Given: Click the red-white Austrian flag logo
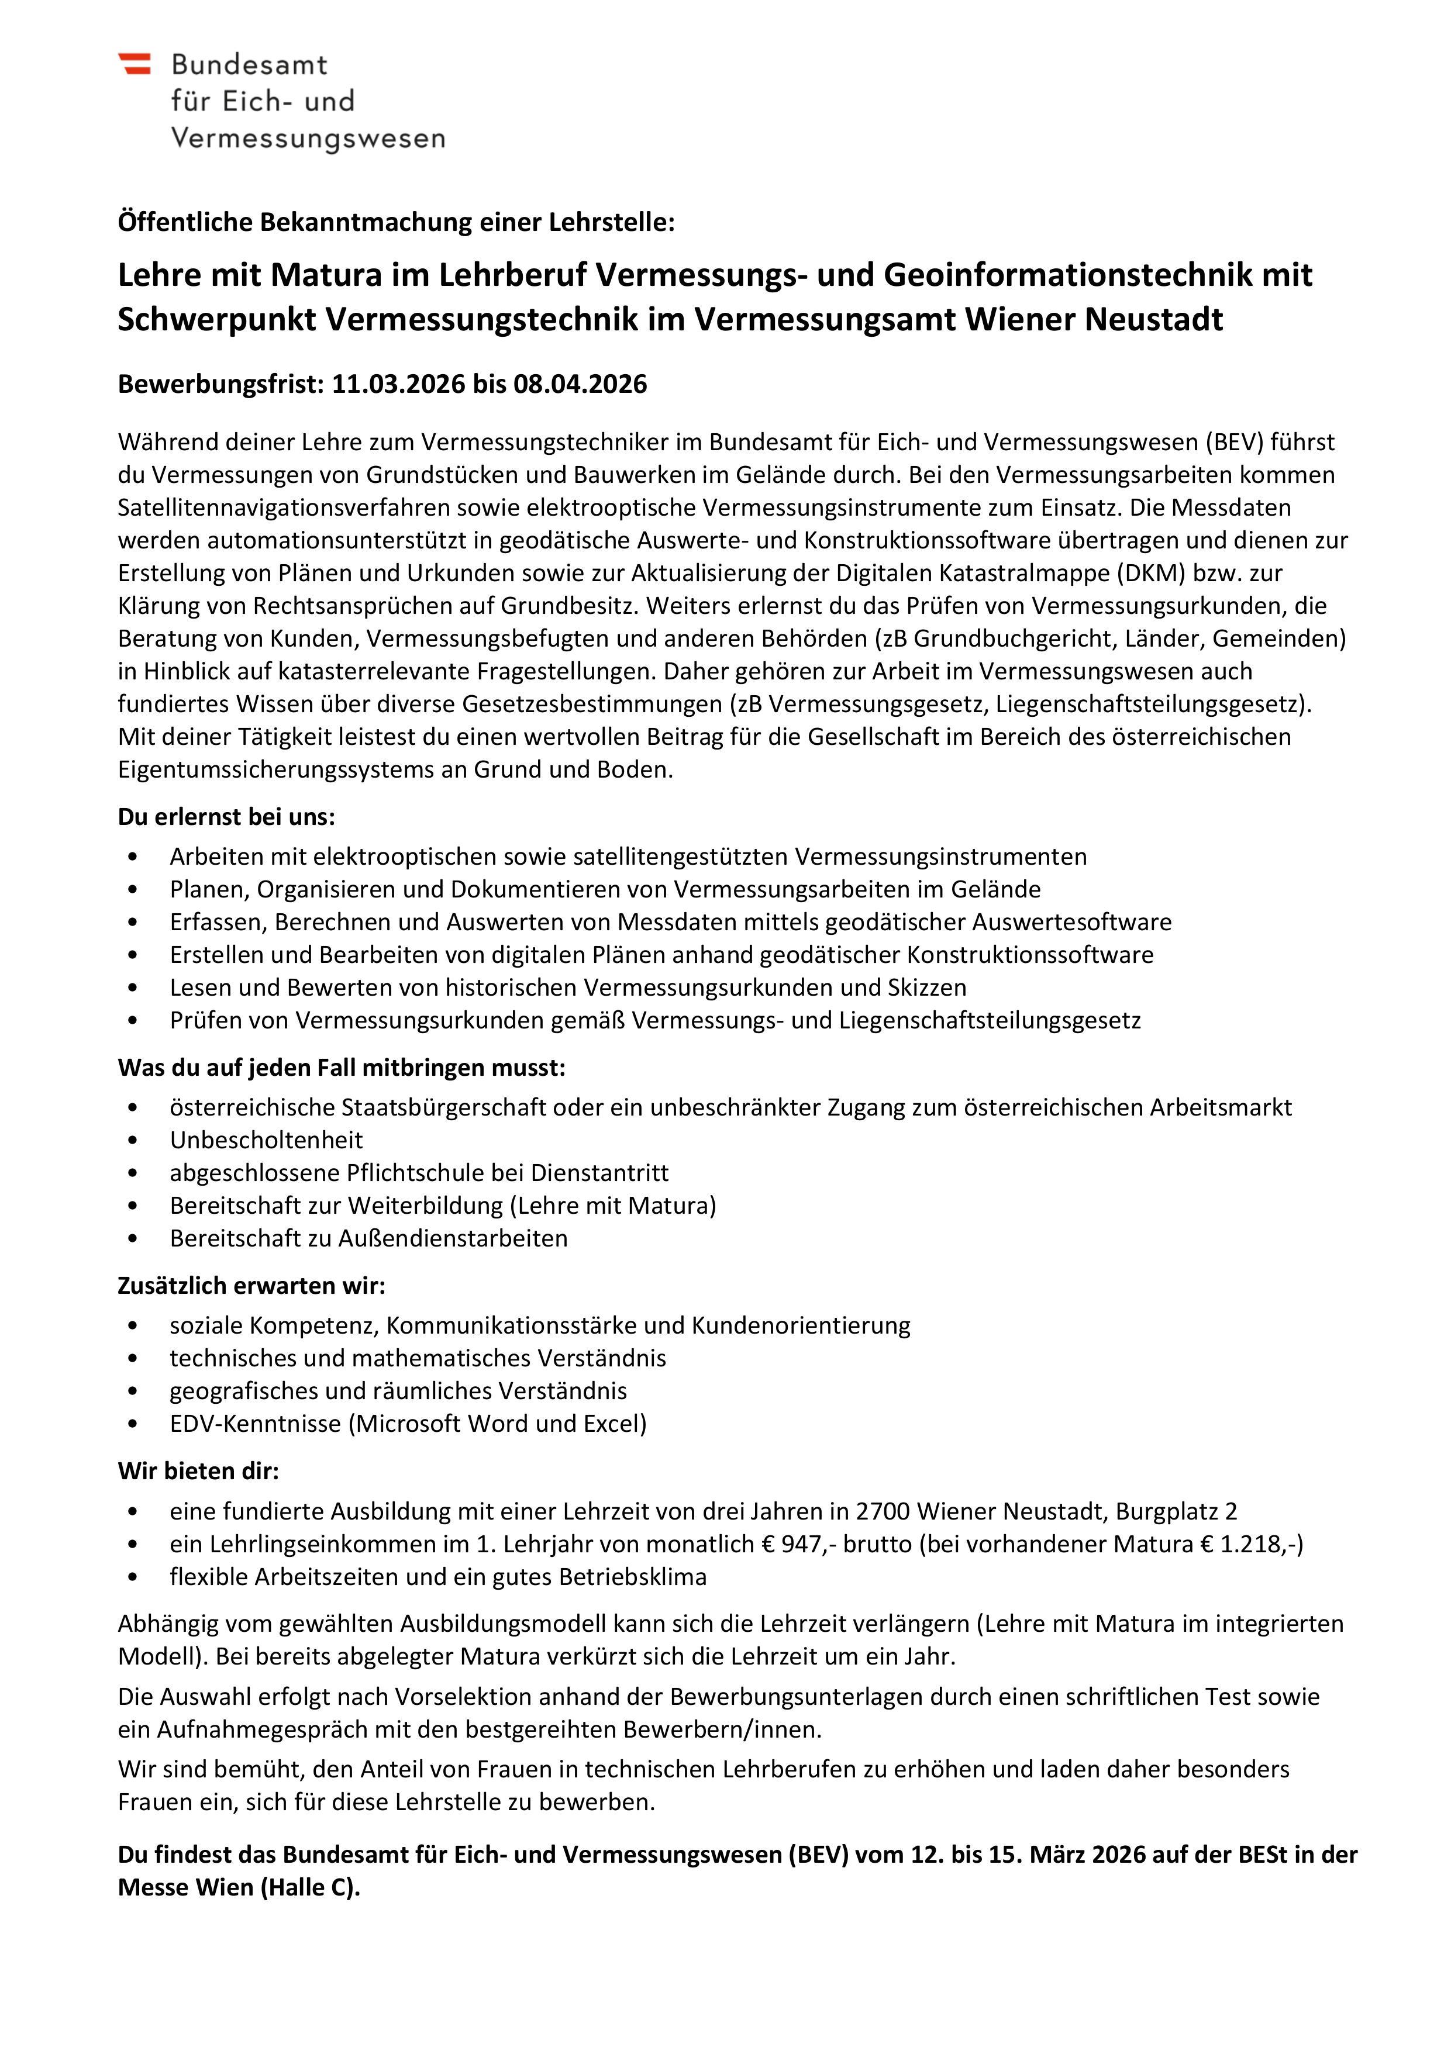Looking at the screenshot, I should click(134, 63).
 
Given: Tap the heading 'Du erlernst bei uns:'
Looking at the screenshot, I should click(226, 816).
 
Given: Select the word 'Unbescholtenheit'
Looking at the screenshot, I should click(266, 1140).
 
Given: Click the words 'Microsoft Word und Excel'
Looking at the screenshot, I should click(497, 1423).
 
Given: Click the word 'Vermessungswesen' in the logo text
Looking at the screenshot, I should click(308, 139).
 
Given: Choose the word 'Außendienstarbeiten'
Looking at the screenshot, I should click(457, 1238).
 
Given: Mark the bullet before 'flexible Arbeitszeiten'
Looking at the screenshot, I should click(133, 1577).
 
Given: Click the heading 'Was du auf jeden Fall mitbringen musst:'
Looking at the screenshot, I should click(342, 1068).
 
